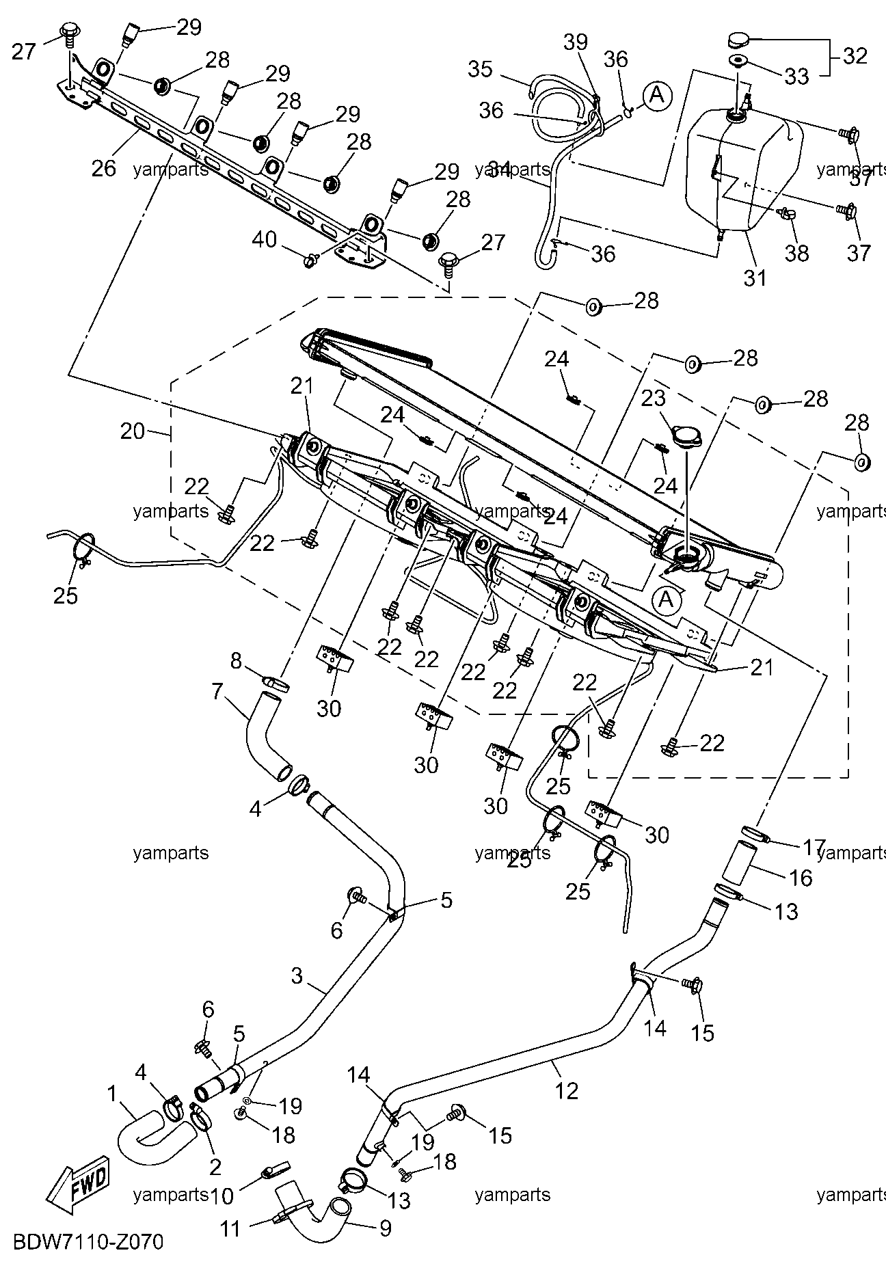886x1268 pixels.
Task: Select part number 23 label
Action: coord(653,398)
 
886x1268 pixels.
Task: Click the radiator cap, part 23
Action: coord(686,435)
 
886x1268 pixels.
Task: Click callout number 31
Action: coord(755,278)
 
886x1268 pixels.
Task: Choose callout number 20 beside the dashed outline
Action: coord(133,431)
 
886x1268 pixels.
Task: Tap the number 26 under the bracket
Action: coord(104,168)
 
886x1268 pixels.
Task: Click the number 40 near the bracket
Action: coord(265,240)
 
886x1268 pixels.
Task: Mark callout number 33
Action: coord(796,76)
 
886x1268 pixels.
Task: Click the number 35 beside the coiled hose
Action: coord(481,69)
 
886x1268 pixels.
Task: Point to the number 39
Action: coord(575,42)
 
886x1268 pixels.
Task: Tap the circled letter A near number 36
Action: coord(656,95)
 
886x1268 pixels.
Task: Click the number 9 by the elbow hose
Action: coord(385,1228)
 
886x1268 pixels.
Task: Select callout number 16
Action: coord(801,877)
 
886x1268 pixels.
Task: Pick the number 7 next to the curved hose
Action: coord(217,691)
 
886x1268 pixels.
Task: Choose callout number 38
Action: coord(797,254)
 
